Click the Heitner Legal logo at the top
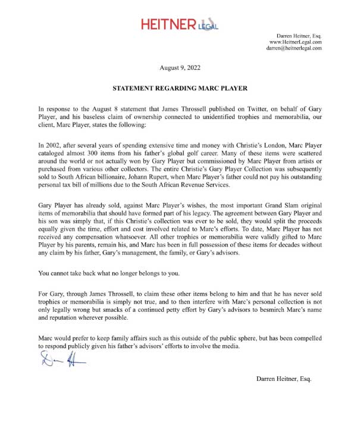(179, 24)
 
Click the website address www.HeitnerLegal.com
(296, 42)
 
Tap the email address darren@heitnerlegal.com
(293, 48)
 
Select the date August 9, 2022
(180, 69)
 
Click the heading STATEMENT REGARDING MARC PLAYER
(180, 88)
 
